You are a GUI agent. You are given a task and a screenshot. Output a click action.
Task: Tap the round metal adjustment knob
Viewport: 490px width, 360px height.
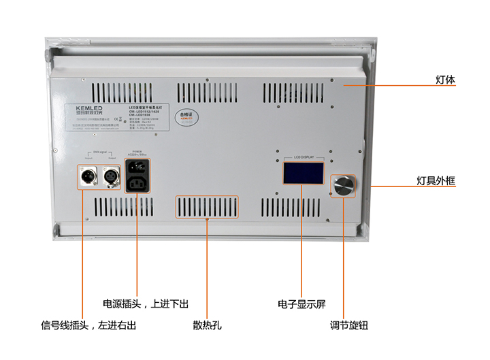pos(344,184)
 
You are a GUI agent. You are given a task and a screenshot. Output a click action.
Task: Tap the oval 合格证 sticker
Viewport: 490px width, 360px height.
pos(185,116)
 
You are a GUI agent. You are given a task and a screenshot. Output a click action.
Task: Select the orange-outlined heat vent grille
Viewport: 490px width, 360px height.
pos(208,207)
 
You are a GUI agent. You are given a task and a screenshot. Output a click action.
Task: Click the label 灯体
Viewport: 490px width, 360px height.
pos(445,80)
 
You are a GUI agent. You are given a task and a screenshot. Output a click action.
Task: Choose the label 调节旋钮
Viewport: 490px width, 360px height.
pos(348,326)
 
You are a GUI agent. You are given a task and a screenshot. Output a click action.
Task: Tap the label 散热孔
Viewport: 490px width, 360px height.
pos(207,326)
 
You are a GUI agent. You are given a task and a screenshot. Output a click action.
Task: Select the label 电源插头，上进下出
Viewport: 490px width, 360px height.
pos(145,304)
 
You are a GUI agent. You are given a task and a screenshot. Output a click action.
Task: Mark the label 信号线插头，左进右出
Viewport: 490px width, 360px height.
pos(88,326)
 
